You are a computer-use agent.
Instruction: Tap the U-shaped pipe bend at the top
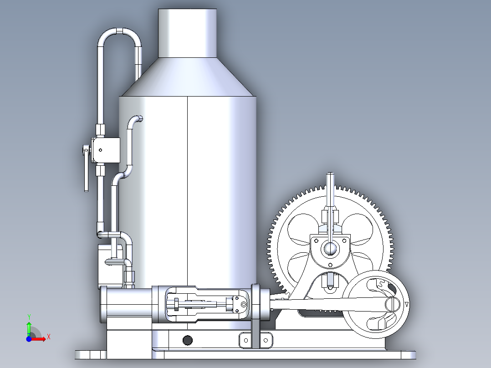point(119,33)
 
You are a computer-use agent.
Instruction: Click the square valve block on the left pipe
point(106,150)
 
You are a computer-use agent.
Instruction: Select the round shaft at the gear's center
point(329,248)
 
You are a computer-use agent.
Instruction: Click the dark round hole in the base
point(187,340)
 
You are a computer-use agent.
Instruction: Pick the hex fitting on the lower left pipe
point(130,276)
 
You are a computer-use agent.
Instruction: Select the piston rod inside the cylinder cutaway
point(200,305)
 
